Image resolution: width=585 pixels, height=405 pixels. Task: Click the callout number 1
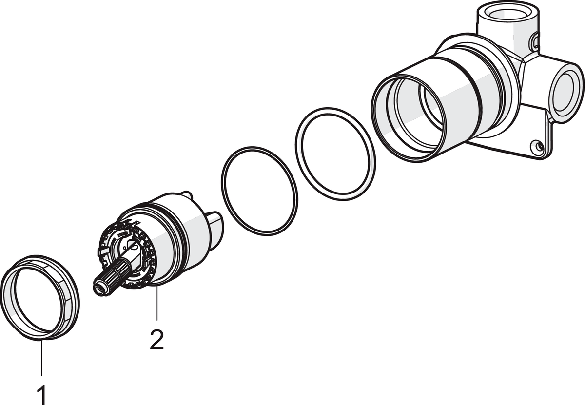[42, 394]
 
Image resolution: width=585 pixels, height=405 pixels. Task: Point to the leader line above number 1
[41, 358]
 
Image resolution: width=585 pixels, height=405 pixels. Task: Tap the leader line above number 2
[156, 303]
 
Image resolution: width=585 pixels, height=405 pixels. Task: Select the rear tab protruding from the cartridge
[215, 230]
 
